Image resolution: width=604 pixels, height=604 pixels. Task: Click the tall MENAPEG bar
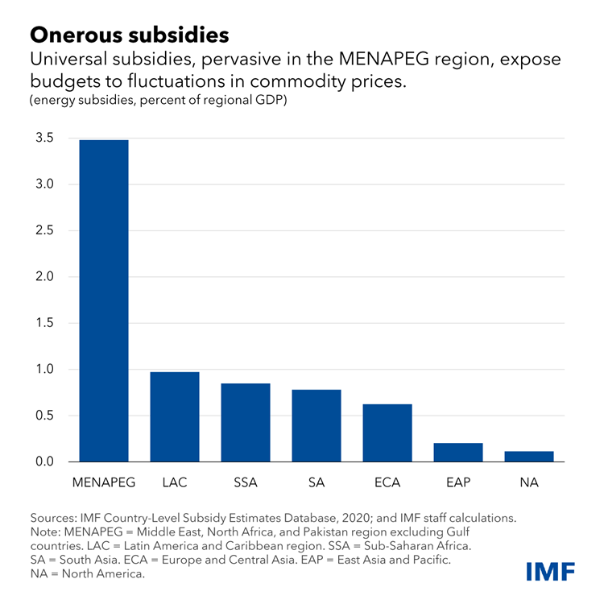104,300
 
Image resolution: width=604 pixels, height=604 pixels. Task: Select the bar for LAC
175,417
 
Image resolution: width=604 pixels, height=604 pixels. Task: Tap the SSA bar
246,423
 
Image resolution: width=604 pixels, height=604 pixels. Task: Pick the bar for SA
316,425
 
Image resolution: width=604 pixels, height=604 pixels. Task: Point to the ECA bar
387,432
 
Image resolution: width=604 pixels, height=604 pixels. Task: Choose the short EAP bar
458,453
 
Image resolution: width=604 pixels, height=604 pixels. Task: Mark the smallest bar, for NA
529,457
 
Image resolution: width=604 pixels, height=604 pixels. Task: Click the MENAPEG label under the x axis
104,482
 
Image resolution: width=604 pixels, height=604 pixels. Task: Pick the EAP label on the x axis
458,482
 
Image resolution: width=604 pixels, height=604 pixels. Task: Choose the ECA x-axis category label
387,482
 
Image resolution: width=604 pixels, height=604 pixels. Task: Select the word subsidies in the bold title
182,35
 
